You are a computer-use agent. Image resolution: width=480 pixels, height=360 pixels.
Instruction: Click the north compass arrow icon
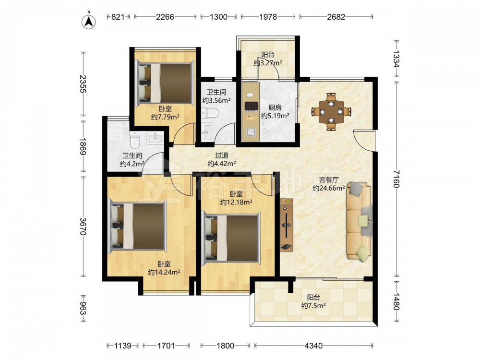89,21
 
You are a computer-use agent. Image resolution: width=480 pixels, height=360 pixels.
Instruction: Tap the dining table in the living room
331,112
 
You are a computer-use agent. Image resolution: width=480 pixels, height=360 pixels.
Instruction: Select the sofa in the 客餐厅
360,221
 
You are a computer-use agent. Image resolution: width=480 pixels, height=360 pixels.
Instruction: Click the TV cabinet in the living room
287,225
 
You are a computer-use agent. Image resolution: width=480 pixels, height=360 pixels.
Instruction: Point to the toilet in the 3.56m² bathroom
210,113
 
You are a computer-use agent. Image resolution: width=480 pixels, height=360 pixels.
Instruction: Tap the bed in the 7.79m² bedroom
165,83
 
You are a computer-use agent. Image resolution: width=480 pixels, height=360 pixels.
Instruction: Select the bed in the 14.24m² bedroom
138,226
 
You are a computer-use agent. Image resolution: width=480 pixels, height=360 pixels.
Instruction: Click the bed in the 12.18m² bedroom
231,239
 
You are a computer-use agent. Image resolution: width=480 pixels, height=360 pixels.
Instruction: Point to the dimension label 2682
336,17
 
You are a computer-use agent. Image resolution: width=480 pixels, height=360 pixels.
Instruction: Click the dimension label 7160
396,179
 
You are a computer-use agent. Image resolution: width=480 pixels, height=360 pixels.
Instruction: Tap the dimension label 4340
314,346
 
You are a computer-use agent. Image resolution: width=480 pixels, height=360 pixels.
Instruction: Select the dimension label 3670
83,226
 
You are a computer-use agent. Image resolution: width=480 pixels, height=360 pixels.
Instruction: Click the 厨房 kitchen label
275,108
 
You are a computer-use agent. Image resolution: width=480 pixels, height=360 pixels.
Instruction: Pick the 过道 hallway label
222,156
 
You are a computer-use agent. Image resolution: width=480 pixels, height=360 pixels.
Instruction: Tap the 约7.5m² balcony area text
313,305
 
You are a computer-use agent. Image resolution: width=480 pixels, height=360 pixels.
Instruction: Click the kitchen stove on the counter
251,106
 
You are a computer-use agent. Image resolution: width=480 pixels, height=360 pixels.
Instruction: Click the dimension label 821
118,17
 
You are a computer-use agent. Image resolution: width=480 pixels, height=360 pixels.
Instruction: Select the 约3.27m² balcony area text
268,63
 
